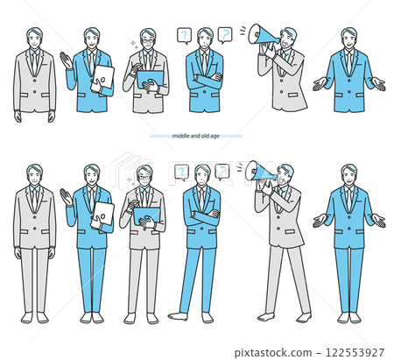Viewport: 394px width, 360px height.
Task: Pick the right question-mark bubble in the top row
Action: (225, 35)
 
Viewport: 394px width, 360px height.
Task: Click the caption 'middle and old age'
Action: (195, 136)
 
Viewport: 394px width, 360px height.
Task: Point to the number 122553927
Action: (355, 353)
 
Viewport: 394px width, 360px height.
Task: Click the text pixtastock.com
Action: (273, 353)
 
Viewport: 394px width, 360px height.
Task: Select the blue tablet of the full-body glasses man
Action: (146, 216)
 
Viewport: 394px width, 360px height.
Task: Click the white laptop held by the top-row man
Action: (102, 77)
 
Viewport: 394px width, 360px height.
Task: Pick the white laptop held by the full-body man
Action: (102, 214)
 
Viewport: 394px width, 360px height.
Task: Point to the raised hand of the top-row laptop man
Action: (66, 60)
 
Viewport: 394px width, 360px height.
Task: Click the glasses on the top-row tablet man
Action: (148, 41)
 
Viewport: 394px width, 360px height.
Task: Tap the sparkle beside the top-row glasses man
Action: (133, 44)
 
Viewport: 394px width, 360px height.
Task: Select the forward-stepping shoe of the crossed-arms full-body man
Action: (178, 316)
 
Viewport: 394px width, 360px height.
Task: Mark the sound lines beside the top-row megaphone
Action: (243, 31)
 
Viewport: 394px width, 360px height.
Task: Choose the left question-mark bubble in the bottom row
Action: (181, 172)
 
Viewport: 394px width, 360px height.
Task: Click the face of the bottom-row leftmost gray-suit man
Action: (34, 175)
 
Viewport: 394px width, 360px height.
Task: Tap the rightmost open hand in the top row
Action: (378, 84)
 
